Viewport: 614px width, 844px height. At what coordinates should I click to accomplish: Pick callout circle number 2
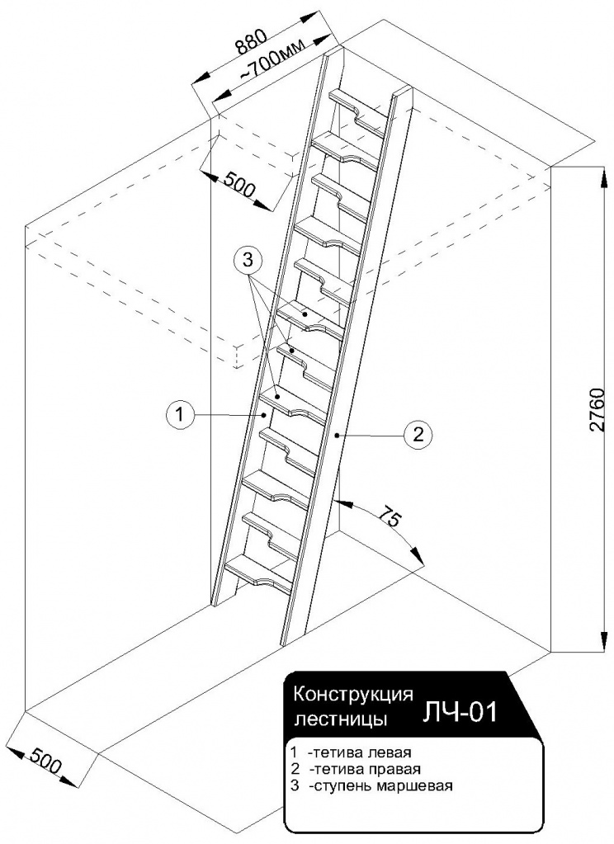pos(418,434)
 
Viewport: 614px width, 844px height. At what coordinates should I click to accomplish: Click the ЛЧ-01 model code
pos(460,711)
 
